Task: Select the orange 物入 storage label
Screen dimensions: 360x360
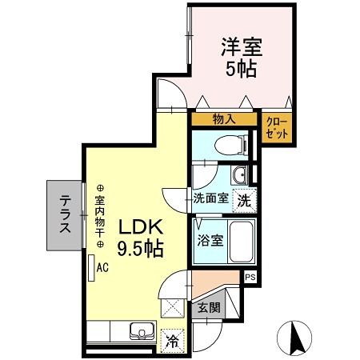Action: pos(223,119)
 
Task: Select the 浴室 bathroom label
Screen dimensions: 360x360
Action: pos(211,238)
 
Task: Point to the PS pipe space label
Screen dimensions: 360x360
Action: pos(250,278)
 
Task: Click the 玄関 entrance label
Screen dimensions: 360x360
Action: pos(209,307)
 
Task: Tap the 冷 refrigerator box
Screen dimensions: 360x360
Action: pos(172,339)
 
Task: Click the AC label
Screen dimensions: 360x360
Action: pos(102,269)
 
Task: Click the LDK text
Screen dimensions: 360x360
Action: pos(142,226)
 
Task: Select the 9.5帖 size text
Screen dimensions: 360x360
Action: pos(142,249)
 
